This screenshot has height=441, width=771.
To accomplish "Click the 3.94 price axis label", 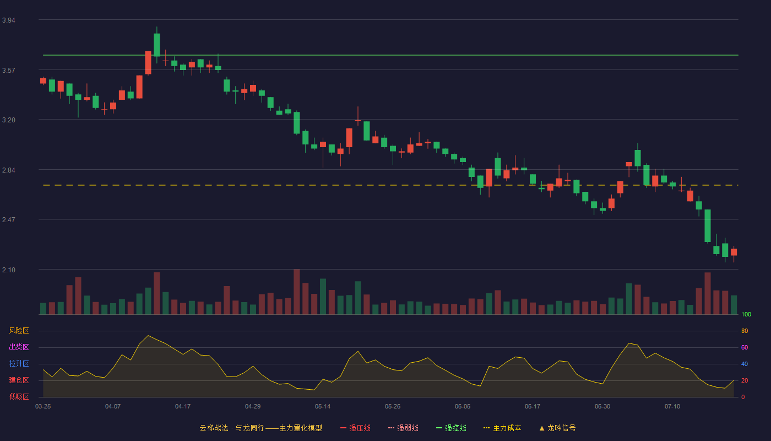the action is click(x=9, y=20).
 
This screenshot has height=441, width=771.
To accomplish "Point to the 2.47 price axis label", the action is click(x=9, y=220).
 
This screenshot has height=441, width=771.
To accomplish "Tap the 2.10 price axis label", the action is click(x=9, y=270).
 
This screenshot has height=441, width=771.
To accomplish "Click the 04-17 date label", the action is click(x=183, y=407).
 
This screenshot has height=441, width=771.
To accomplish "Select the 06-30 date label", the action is click(x=602, y=407).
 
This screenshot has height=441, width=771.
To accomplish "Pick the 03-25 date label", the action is click(x=43, y=407).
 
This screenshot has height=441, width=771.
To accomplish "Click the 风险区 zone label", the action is click(x=19, y=331).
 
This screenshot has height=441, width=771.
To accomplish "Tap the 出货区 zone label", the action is click(x=19, y=347).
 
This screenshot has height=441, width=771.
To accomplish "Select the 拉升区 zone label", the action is click(x=19, y=363).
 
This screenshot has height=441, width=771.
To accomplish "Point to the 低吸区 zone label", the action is click(x=19, y=396).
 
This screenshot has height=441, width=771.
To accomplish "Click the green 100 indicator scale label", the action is click(x=746, y=314).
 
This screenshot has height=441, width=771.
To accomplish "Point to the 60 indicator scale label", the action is click(x=745, y=347).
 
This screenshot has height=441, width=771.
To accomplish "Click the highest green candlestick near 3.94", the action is click(x=157, y=45).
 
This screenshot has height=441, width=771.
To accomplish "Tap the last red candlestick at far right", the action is click(x=734, y=252).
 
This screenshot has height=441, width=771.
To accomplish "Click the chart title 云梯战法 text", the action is click(x=214, y=428).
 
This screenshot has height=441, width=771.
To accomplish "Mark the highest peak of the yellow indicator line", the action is click(x=148, y=335).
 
